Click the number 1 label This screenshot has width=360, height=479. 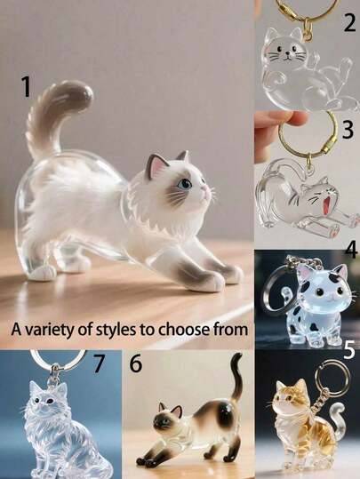27,86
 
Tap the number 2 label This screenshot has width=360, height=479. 349,23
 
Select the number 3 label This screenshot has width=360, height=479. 348,129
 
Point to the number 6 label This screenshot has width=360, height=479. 136,363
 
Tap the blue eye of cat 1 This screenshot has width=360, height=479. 185,184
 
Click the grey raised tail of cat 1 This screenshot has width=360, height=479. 58,117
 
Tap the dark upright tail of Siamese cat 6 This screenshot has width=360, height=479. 236,379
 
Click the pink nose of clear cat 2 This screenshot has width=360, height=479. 287,53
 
